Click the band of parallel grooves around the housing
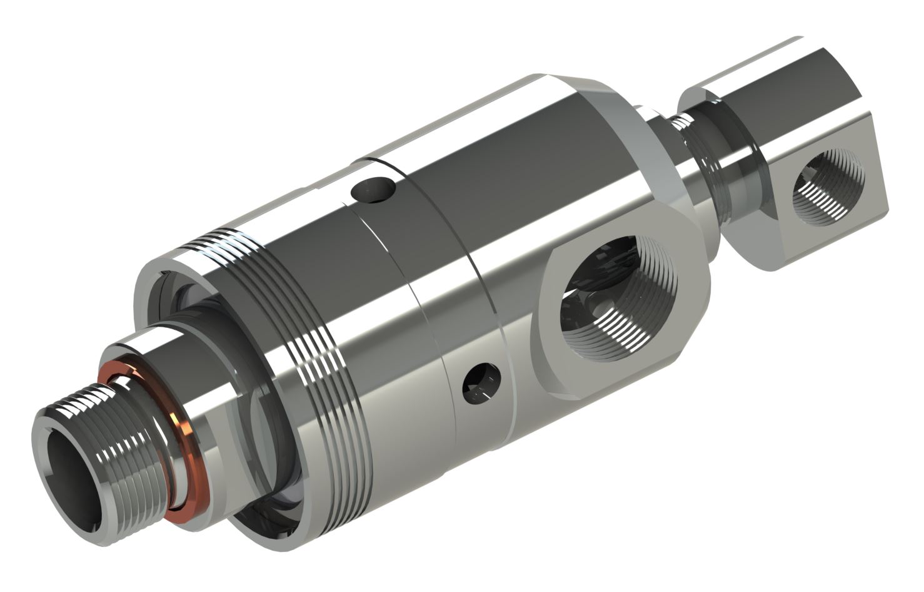313,350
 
